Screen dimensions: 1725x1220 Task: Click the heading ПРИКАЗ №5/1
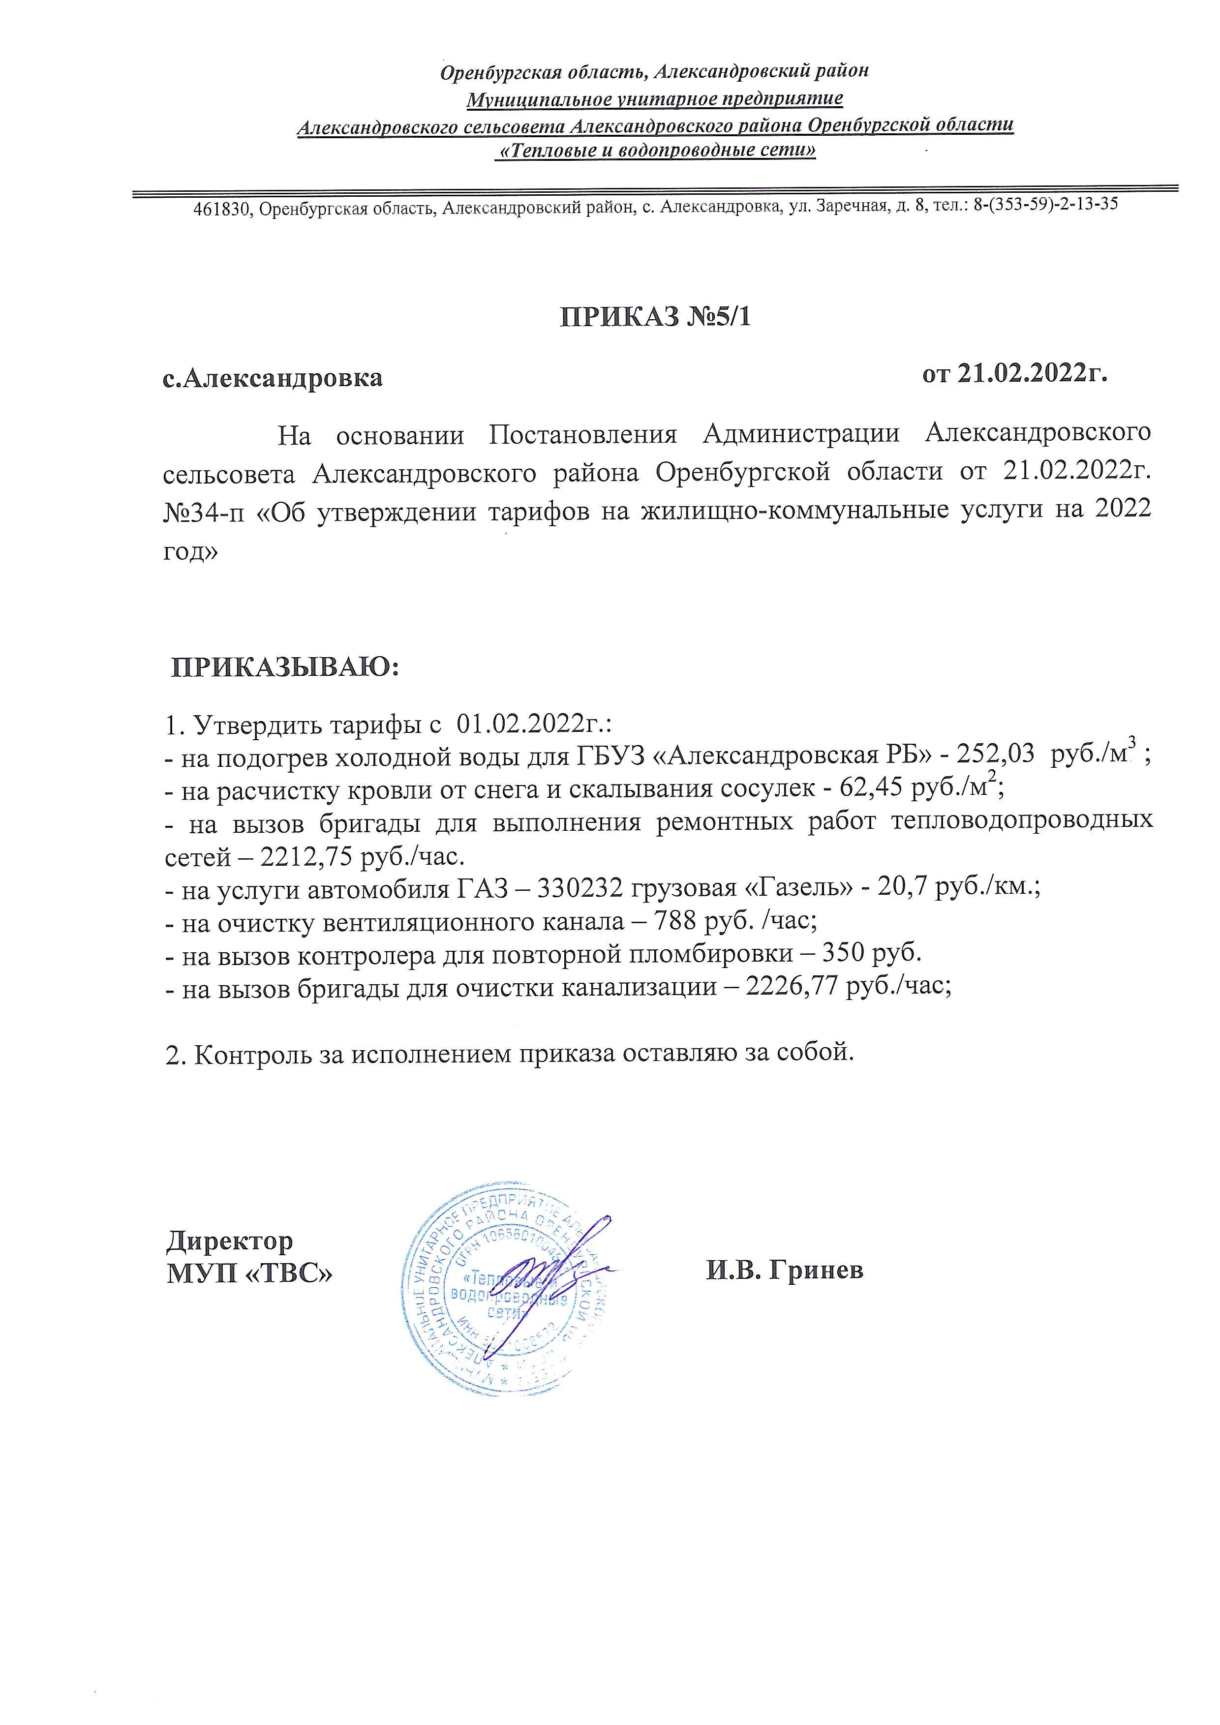click(655, 317)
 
